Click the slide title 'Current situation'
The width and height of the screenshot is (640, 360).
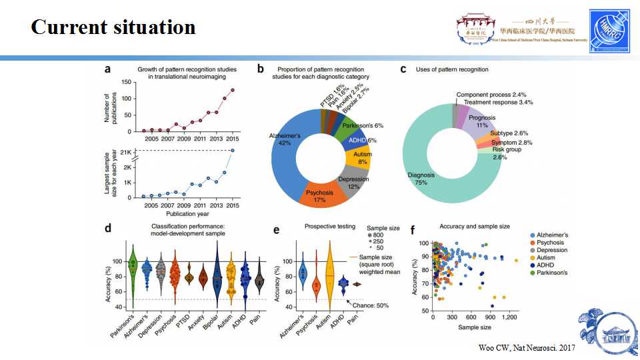113,27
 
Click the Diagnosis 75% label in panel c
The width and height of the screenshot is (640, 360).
421,179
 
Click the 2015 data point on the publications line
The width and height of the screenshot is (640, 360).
233,90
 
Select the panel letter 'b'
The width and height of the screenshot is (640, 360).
261,69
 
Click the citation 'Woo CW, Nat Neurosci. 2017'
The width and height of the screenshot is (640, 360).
527,349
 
